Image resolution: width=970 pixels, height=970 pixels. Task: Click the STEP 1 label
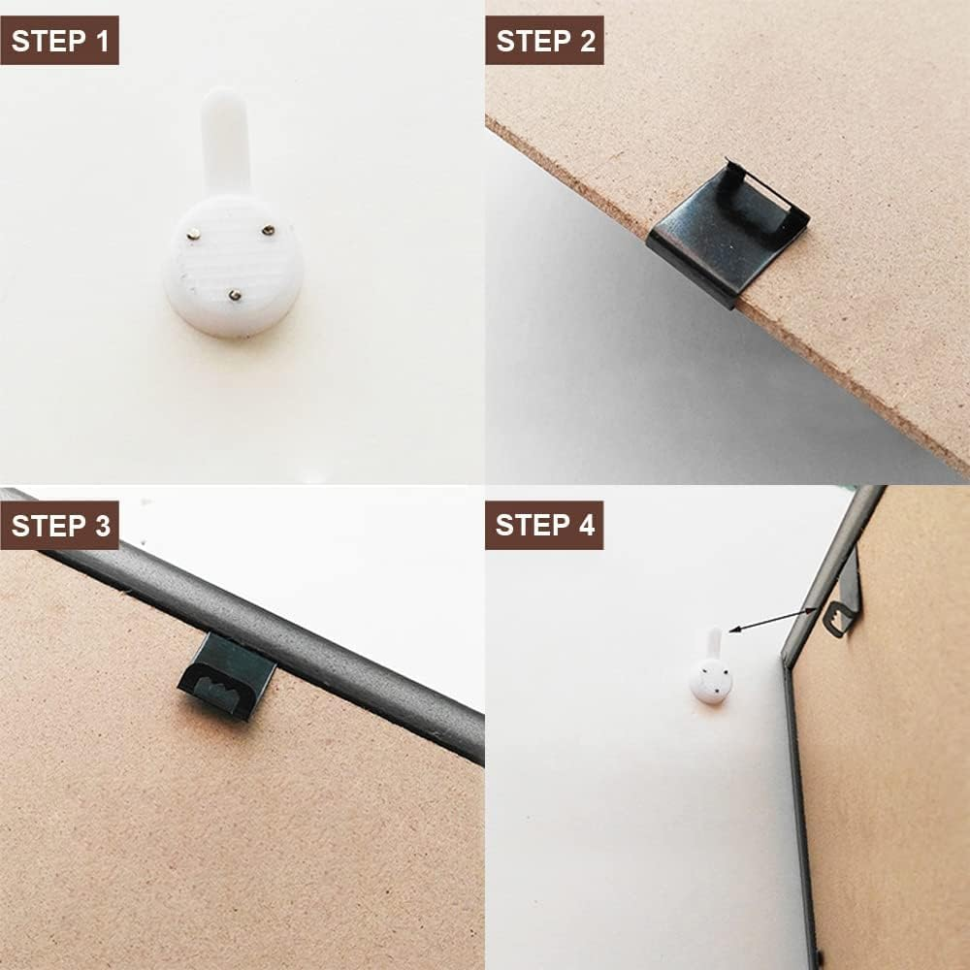click(x=59, y=40)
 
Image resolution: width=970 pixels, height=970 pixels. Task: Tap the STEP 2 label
click(x=544, y=40)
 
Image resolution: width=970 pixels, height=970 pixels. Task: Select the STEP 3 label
click(x=59, y=525)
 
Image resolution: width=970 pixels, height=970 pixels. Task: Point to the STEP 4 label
click(x=544, y=525)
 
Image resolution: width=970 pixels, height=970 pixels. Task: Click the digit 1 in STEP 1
click(x=102, y=41)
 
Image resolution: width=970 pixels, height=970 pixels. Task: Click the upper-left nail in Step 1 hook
click(x=194, y=234)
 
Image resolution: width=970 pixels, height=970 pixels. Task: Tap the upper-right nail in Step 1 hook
click(x=268, y=230)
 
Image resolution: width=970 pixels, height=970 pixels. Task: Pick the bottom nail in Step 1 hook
click(x=235, y=295)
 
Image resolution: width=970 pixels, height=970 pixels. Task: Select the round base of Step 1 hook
click(x=233, y=266)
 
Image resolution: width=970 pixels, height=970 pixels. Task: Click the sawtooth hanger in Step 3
click(x=226, y=676)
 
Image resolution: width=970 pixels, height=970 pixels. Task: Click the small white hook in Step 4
click(x=711, y=667)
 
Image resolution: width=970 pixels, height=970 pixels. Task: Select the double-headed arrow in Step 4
click(x=773, y=621)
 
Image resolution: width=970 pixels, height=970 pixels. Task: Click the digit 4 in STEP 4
click(x=586, y=525)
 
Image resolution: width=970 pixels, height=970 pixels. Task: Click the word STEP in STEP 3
click(x=47, y=526)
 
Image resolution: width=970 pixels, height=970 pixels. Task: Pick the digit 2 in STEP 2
click(x=587, y=41)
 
